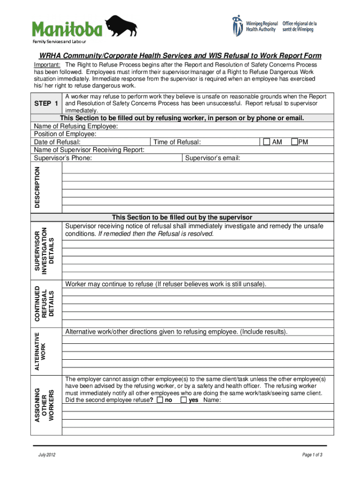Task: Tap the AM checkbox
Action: (266, 142)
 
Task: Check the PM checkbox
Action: (295, 142)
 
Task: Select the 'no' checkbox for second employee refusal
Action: (160, 400)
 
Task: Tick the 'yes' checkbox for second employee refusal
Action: (184, 400)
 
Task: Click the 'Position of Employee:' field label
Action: (65, 134)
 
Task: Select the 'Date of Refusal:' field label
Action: (57, 142)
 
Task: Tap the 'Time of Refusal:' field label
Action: (177, 142)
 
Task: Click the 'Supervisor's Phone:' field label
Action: (63, 158)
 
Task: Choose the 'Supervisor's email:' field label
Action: (213, 158)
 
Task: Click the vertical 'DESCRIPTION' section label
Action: (38, 187)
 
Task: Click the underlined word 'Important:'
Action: (46, 65)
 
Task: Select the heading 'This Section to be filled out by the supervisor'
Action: (182, 218)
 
